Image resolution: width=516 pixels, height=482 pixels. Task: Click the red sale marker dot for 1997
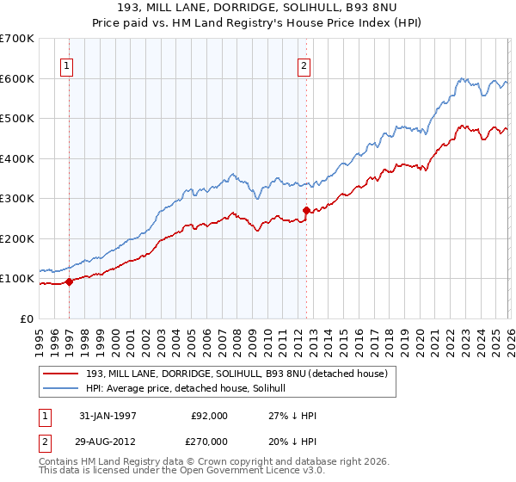coord(69,281)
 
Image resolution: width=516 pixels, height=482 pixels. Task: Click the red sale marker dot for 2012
coord(306,210)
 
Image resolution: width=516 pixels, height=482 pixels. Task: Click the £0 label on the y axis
coord(26,319)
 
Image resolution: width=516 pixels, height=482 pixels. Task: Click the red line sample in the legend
coord(61,374)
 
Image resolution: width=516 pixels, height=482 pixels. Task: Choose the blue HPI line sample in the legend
coord(61,388)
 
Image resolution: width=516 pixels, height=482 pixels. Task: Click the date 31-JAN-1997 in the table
coord(108,415)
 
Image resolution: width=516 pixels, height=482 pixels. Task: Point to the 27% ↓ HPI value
coord(292,415)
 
